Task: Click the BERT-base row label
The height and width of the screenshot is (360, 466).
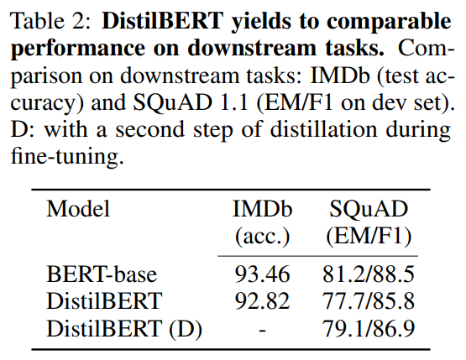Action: click(102, 274)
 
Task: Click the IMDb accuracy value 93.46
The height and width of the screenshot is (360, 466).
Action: click(261, 274)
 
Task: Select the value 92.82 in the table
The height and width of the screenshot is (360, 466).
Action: click(261, 301)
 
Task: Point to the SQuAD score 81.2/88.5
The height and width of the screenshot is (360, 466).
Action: click(369, 274)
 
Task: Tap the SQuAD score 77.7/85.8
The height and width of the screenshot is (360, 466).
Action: click(369, 301)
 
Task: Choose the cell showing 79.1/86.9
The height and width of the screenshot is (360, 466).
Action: click(369, 328)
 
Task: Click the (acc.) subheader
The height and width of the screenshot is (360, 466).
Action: click(261, 235)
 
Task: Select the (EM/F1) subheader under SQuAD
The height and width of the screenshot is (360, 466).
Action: click(369, 235)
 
